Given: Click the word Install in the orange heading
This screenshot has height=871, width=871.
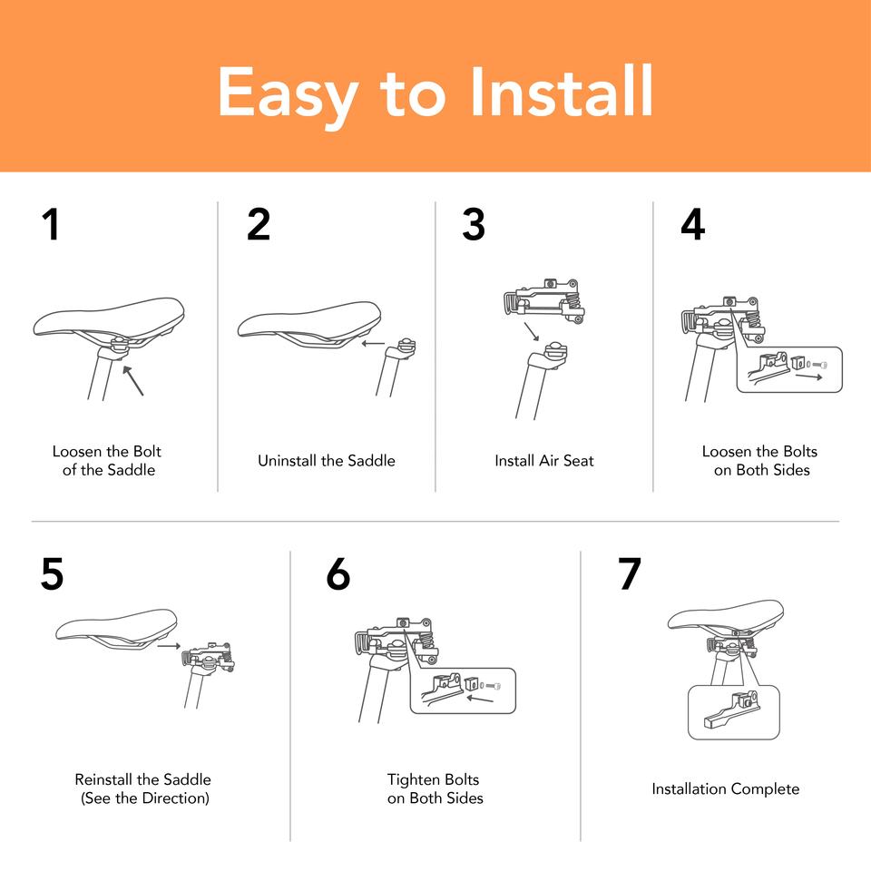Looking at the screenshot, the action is click(x=562, y=91).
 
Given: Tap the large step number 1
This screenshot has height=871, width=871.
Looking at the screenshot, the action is click(x=51, y=224).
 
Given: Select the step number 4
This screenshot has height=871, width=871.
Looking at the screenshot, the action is click(x=692, y=224).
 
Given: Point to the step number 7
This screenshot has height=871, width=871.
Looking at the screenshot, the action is click(x=630, y=573).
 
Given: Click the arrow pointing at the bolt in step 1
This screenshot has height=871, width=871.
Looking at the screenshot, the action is click(x=133, y=380).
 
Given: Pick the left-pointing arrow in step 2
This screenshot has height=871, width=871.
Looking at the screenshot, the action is click(x=373, y=343).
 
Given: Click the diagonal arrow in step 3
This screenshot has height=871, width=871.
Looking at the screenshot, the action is click(x=532, y=331).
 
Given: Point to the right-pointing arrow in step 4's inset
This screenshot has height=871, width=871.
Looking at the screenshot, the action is click(x=808, y=377).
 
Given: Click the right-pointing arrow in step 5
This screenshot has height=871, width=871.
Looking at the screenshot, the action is click(x=169, y=645).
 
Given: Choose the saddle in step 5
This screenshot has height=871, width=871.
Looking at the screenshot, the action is click(x=117, y=630).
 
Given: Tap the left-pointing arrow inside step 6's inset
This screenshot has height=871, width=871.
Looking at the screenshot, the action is click(x=480, y=699).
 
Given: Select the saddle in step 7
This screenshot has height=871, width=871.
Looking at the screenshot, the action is click(x=726, y=617).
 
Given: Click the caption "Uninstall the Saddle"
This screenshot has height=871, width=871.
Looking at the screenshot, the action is click(x=327, y=461).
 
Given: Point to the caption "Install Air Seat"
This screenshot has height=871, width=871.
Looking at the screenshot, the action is click(x=544, y=461).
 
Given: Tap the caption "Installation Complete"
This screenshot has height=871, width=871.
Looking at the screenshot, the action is click(x=726, y=788).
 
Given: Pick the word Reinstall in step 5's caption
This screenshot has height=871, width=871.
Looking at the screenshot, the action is click(x=103, y=779).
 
